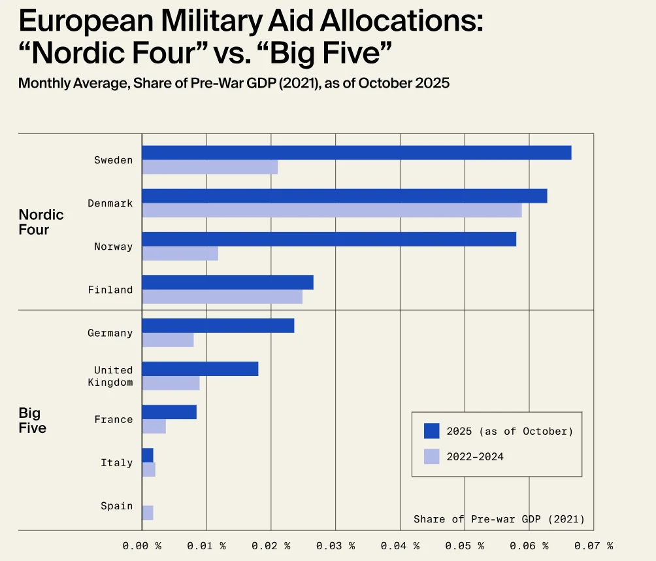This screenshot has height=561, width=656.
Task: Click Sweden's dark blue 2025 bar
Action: click(356, 152)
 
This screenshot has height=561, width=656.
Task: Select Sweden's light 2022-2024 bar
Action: click(210, 167)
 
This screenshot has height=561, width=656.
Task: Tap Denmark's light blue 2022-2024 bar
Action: click(331, 210)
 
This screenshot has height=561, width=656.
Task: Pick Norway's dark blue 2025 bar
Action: click(329, 239)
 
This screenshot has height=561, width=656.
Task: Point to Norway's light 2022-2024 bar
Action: click(180, 253)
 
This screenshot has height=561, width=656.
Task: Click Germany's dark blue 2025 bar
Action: click(218, 326)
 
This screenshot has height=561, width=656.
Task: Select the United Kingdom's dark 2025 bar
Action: click(200, 369)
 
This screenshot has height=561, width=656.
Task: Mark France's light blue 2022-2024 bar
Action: click(154, 426)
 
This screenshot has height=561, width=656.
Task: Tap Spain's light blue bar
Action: click(148, 513)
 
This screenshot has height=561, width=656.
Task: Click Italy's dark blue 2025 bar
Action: click(148, 455)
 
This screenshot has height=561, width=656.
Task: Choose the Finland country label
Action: click(110, 290)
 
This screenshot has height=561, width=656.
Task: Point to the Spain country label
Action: click(116, 506)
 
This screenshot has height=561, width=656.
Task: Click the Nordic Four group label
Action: click(41, 222)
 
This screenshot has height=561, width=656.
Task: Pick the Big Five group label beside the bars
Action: click(32, 420)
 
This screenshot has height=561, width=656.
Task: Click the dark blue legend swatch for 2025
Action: click(431, 431)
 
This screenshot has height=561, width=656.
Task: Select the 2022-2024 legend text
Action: click(475, 456)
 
